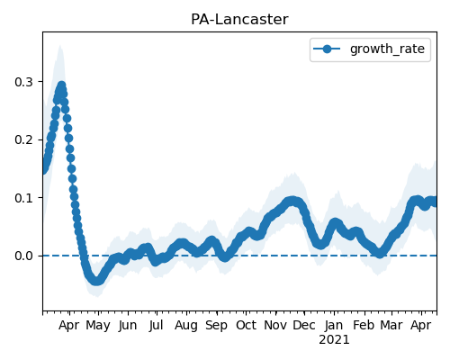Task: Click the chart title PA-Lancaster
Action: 239,20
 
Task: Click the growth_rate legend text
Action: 387,49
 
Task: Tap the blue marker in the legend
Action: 327,49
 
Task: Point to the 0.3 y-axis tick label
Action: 23,82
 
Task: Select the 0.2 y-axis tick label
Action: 23,139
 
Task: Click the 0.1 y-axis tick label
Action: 23,198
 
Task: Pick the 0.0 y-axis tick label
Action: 23,256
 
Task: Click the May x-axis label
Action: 98,326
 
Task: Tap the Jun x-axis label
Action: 128,326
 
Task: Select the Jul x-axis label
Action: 156,326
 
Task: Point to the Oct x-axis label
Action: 246,325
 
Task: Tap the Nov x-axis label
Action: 275,325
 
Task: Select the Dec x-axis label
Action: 304,325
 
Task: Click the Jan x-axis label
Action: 334,326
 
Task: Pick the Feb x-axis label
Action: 364,325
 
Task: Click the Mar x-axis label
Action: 391,325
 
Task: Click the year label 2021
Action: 334,340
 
